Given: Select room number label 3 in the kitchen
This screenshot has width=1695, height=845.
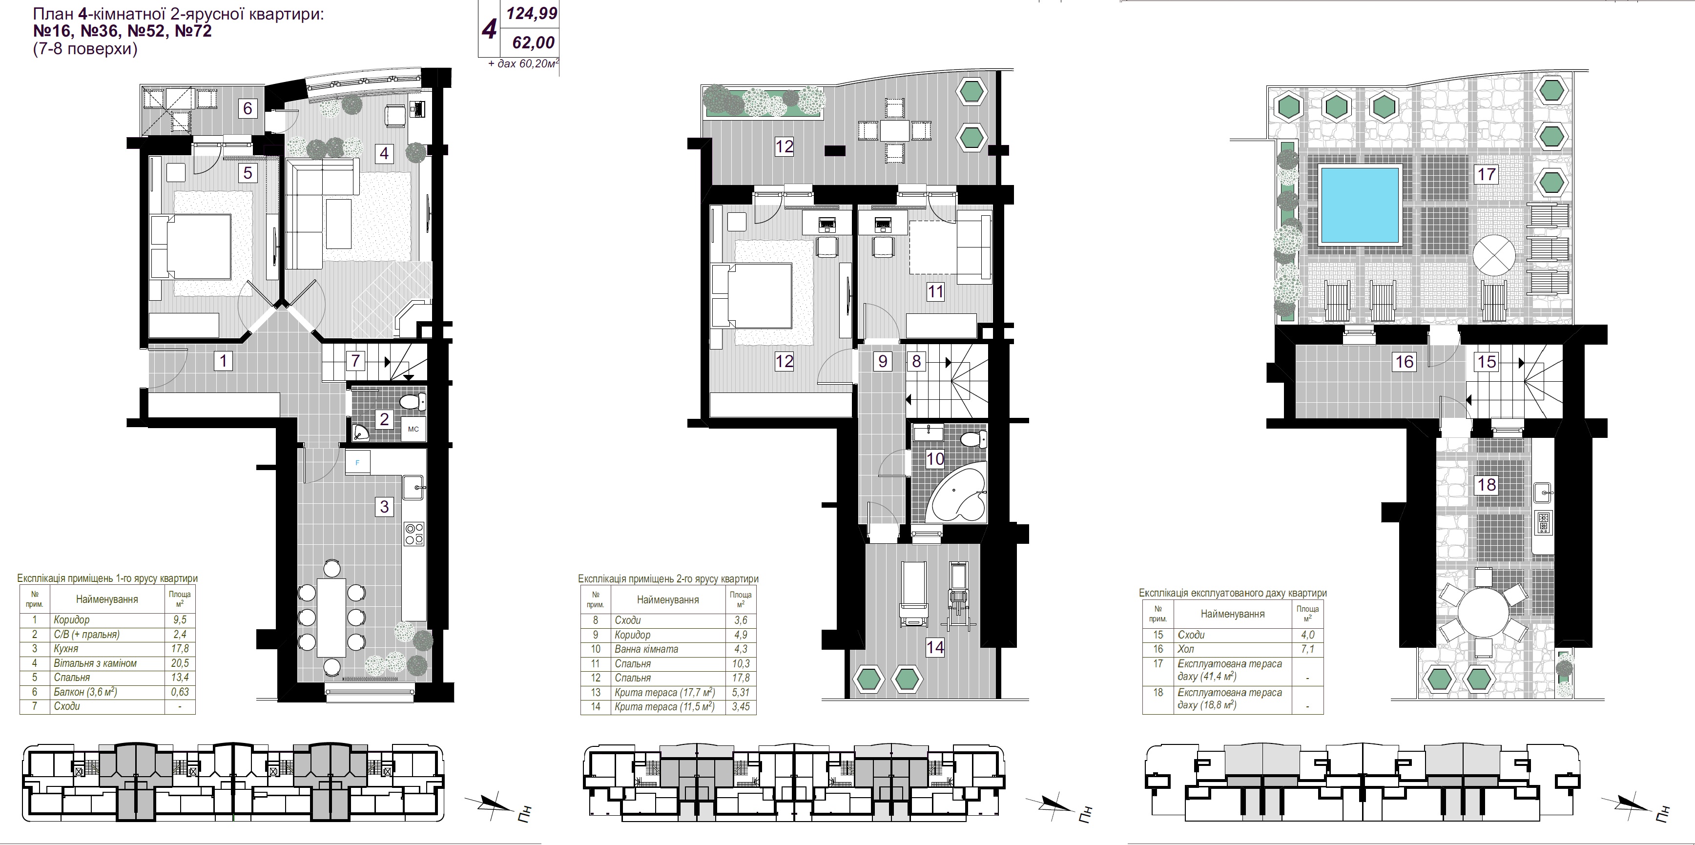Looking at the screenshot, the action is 384,506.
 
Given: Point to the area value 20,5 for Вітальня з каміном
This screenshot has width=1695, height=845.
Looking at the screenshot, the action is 180,663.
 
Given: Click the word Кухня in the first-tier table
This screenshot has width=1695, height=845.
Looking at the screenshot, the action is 66,649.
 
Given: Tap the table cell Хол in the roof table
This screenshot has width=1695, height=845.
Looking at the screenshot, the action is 1186,649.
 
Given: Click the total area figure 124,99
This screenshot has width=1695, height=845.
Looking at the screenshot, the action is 531,13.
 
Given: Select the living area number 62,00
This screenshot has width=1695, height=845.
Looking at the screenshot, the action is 534,43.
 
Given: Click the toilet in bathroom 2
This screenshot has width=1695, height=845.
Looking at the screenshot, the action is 413,401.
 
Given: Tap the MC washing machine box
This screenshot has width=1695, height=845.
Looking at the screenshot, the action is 413,429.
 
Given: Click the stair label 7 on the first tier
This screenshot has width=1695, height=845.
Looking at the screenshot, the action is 355,361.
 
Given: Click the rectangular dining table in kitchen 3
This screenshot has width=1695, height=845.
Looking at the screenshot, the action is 331,617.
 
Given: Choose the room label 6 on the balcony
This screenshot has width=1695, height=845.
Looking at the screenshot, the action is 248,108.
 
